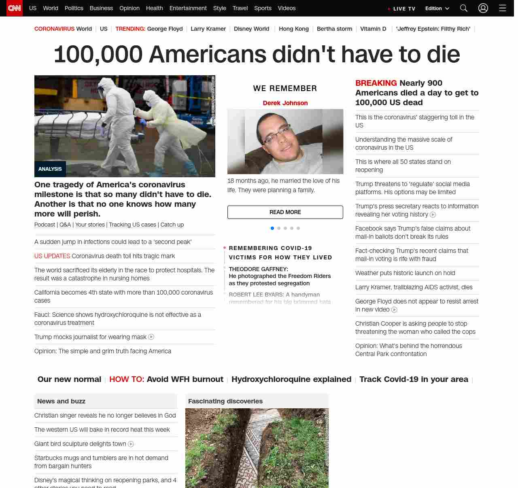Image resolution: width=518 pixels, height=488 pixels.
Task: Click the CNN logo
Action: [x=15, y=8]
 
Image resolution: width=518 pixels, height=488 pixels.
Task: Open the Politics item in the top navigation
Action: [x=74, y=8]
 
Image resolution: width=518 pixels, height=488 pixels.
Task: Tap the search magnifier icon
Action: [x=464, y=8]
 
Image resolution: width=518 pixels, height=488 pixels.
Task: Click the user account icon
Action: [x=483, y=8]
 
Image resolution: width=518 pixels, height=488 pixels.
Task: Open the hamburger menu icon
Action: [x=503, y=8]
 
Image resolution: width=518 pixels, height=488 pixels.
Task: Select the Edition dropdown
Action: [x=437, y=8]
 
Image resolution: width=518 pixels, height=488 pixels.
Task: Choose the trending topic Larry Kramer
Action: [x=208, y=29]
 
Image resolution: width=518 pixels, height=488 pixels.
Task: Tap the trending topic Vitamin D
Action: [x=373, y=29]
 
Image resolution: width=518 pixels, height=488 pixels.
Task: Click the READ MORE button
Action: [x=285, y=212]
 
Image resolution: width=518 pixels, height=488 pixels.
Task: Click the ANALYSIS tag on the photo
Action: [x=50, y=169]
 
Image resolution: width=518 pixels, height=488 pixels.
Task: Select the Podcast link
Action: [x=45, y=225]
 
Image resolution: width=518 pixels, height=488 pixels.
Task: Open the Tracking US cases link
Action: [x=132, y=225]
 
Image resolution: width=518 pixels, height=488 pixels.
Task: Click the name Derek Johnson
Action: [x=285, y=103]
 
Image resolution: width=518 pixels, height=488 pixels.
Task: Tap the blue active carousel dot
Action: [x=272, y=228]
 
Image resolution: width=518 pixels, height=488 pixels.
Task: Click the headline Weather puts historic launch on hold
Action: [x=405, y=273]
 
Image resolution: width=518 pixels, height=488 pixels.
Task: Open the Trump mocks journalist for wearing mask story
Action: [x=90, y=337]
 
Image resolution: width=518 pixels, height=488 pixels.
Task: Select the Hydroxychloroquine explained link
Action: [x=291, y=379]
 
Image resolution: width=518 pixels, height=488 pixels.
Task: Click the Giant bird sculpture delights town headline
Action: [x=80, y=444]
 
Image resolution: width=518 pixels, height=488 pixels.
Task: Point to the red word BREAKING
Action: [x=376, y=83]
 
